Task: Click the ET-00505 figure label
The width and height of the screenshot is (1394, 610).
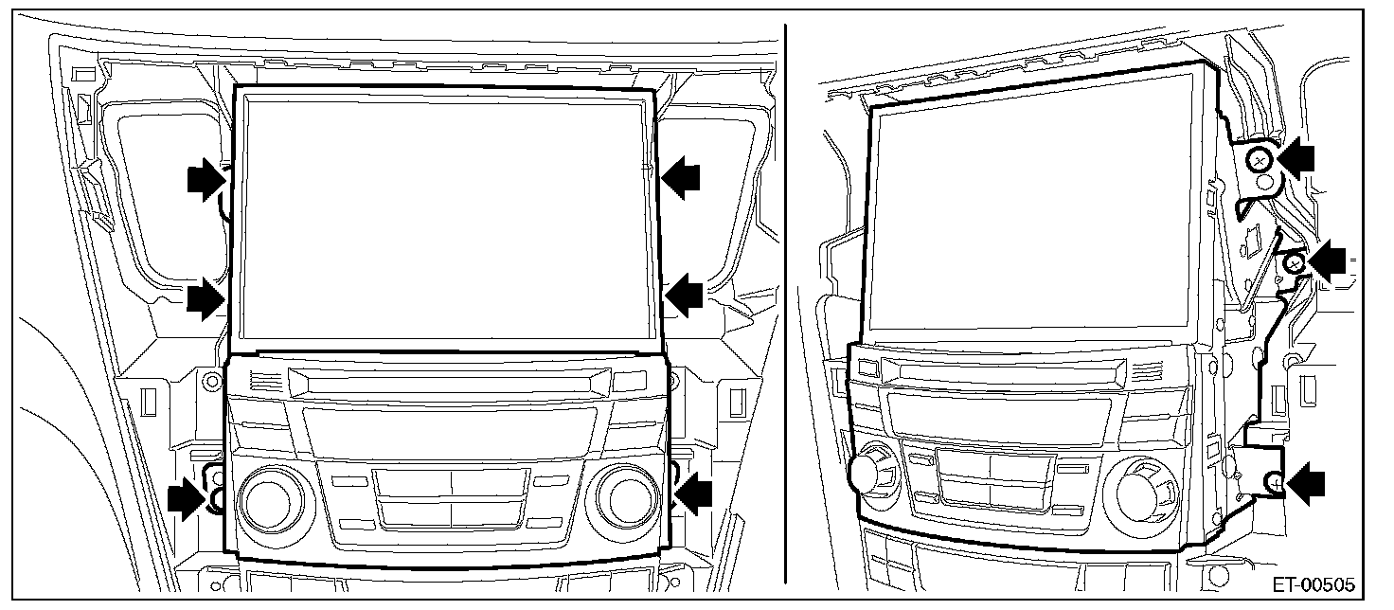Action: [x=1314, y=585]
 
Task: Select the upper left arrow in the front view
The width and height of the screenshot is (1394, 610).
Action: [x=206, y=179]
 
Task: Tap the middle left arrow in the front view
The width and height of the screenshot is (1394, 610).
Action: [x=206, y=298]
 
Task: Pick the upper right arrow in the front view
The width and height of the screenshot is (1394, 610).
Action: [x=681, y=178]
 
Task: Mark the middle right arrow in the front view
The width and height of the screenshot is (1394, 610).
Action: [x=684, y=296]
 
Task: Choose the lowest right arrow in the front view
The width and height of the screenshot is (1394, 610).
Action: [x=693, y=493]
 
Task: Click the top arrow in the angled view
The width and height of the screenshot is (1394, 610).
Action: [x=1296, y=158]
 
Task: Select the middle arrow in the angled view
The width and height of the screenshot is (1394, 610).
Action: [x=1326, y=261]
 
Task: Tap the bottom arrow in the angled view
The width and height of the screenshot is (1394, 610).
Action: [x=1306, y=483]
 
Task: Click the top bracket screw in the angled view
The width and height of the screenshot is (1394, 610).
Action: [x=1260, y=161]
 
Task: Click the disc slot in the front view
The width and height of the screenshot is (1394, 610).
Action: [x=449, y=381]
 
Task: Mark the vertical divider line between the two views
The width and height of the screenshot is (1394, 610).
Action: [x=785, y=304]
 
